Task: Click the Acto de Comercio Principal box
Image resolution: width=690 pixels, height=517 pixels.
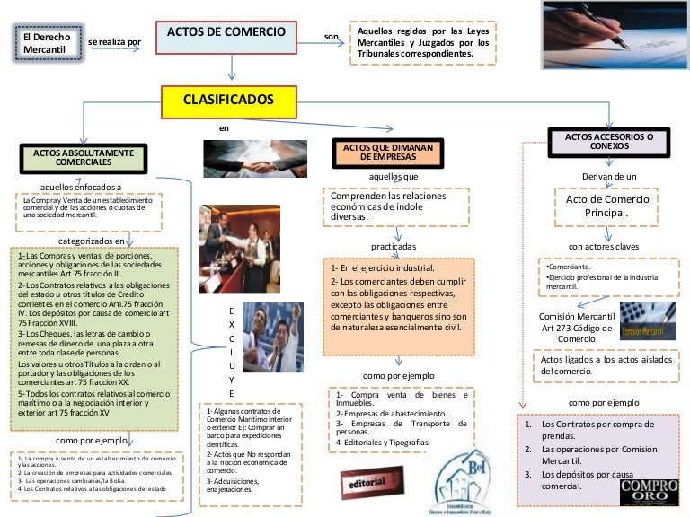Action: tap(607, 206)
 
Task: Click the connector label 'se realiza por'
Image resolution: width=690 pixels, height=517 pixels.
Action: tap(115, 42)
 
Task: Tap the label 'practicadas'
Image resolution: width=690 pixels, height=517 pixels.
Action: tap(394, 245)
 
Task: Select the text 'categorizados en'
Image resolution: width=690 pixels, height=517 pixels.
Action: tap(92, 241)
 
